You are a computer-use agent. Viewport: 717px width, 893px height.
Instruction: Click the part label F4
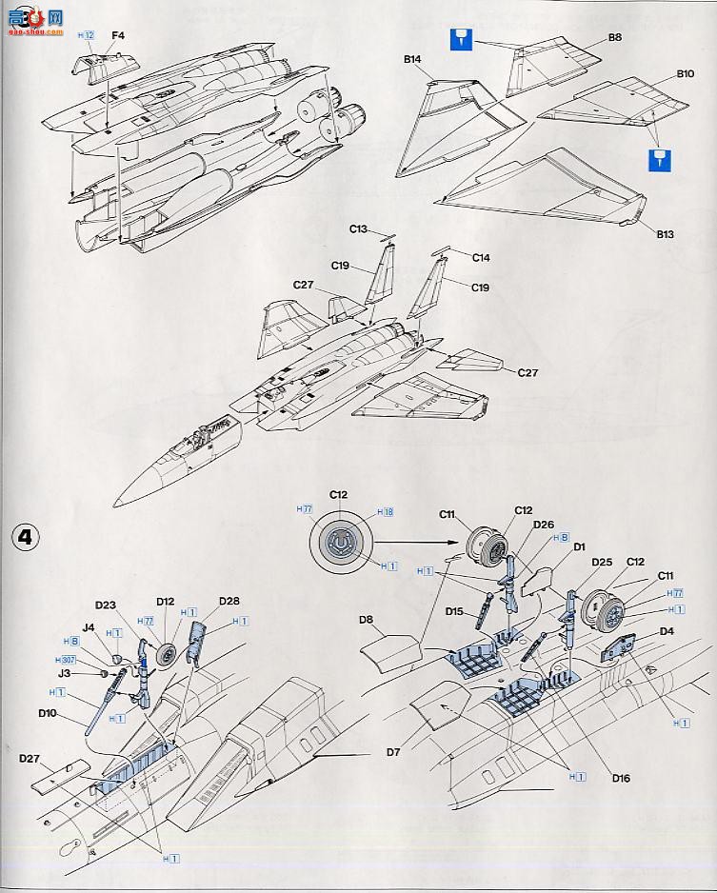click(118, 35)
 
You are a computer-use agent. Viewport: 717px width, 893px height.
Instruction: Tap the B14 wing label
click(412, 59)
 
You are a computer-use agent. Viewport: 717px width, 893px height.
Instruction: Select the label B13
click(664, 232)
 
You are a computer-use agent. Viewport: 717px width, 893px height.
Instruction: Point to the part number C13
click(358, 228)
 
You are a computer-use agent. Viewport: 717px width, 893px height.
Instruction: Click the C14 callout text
click(481, 258)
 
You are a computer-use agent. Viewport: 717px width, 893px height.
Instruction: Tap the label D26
click(544, 524)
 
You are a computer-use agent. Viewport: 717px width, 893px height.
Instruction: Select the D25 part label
click(601, 562)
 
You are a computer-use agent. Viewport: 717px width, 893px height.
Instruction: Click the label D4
click(667, 630)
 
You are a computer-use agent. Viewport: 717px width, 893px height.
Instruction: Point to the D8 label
click(367, 620)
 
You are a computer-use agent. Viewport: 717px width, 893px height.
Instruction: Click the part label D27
click(29, 758)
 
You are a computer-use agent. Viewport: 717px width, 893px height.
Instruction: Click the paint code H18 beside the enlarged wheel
click(384, 512)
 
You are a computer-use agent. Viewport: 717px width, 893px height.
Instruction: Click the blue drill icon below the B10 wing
click(656, 159)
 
